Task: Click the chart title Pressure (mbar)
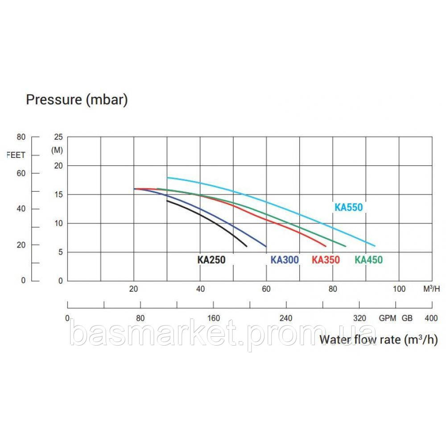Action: pyautogui.click(x=77, y=99)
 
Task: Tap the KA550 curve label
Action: pyautogui.click(x=348, y=207)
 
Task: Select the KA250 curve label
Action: pyautogui.click(x=211, y=260)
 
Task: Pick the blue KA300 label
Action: pyautogui.click(x=285, y=260)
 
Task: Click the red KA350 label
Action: pyautogui.click(x=326, y=260)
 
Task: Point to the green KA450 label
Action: pyautogui.click(x=368, y=260)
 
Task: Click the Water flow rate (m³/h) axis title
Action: pyautogui.click(x=378, y=340)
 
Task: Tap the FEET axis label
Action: pyautogui.click(x=17, y=155)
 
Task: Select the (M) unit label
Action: pyautogui.click(x=58, y=150)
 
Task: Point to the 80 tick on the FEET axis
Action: pyautogui.click(x=22, y=137)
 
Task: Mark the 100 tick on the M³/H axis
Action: pyautogui.click(x=399, y=289)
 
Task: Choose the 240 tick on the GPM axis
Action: pyautogui.click(x=286, y=318)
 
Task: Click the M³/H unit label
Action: pyautogui.click(x=431, y=289)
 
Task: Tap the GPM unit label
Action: pyautogui.click(x=388, y=318)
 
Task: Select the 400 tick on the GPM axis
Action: pyautogui.click(x=431, y=318)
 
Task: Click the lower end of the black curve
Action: pyautogui.click(x=246, y=246)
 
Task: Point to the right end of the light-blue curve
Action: pyautogui.click(x=375, y=246)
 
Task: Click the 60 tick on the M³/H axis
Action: pyautogui.click(x=266, y=289)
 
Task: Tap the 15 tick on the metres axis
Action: pyautogui.click(x=59, y=194)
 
